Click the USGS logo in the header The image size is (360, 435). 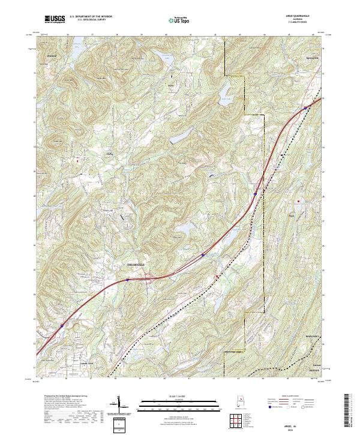pos(55,20)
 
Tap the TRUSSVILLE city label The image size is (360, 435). pos(137,265)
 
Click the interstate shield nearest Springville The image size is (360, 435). pos(305,108)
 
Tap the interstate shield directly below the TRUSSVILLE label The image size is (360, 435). pos(128,280)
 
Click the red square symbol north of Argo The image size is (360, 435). pos(298,201)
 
